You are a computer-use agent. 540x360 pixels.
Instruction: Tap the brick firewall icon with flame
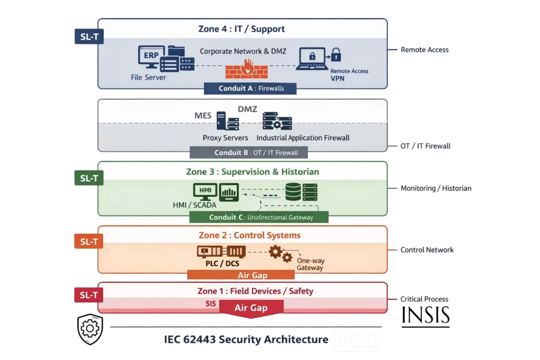(246, 70)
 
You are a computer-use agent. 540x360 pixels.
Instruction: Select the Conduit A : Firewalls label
(251, 89)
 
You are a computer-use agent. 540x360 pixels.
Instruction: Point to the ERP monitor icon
(148, 57)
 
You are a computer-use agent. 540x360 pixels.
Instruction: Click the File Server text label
(148, 77)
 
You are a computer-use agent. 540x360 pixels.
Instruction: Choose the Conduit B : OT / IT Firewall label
(249, 153)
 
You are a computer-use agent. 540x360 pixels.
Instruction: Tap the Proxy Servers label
(225, 138)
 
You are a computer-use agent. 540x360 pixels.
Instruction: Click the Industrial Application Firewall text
(303, 138)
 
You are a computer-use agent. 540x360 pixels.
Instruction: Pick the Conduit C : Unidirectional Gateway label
(258, 217)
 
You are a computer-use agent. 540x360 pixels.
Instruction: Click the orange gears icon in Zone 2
(280, 254)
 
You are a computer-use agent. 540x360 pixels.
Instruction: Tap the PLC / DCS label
(221, 264)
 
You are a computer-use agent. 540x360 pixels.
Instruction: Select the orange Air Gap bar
(241, 275)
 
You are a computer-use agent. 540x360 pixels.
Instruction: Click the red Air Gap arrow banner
(251, 308)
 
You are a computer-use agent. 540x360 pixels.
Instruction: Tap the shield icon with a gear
(90, 328)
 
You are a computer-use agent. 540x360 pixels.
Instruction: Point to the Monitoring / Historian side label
(436, 188)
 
